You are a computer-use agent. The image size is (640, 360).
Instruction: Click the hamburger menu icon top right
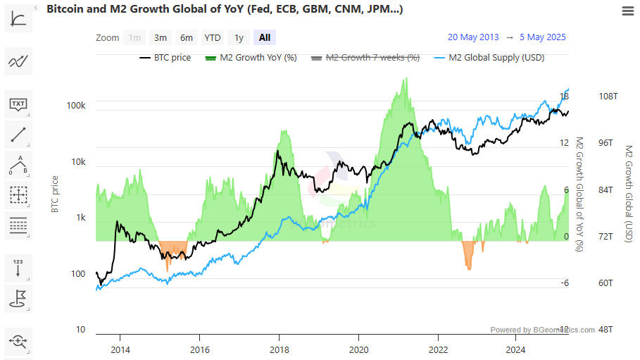click(x=628, y=11)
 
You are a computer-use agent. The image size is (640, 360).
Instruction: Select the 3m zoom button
click(x=161, y=37)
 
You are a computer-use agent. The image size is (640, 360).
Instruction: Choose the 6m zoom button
click(x=186, y=37)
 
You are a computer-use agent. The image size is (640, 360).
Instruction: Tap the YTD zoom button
click(x=212, y=37)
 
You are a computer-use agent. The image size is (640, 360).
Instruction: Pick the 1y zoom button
click(x=239, y=37)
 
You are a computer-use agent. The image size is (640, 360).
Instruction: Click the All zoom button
click(x=265, y=37)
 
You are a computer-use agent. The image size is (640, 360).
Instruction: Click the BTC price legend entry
click(x=165, y=58)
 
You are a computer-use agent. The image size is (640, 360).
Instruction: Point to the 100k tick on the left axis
click(x=76, y=106)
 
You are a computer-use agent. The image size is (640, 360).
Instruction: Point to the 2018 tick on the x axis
click(x=280, y=349)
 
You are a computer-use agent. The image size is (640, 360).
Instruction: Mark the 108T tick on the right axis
click(x=608, y=97)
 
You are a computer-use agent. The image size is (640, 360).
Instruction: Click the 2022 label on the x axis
click(x=438, y=349)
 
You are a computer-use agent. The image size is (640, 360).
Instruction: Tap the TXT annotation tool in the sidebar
click(x=18, y=104)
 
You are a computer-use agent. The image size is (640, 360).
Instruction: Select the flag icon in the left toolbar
click(x=18, y=298)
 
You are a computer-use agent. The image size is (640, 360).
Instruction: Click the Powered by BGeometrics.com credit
click(x=542, y=330)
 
